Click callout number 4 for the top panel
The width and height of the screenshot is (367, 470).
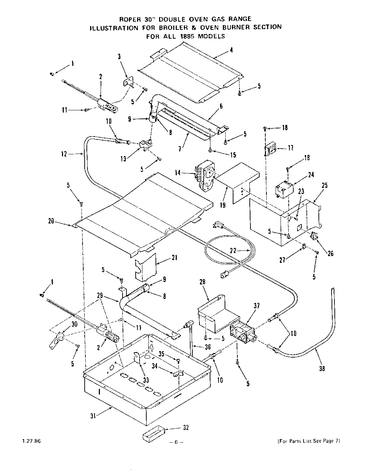pyautogui.click(x=231, y=50)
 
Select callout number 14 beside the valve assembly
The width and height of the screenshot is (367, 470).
pyautogui.click(x=178, y=173)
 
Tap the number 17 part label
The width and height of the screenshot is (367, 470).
pyautogui.click(x=290, y=148)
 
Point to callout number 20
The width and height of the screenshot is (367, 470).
pyautogui.click(x=51, y=221)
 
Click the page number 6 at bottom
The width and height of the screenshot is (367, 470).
pyautogui.click(x=176, y=442)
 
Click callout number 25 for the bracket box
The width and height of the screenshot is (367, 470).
pyautogui.click(x=324, y=185)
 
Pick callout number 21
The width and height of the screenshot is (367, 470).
pyautogui.click(x=174, y=258)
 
